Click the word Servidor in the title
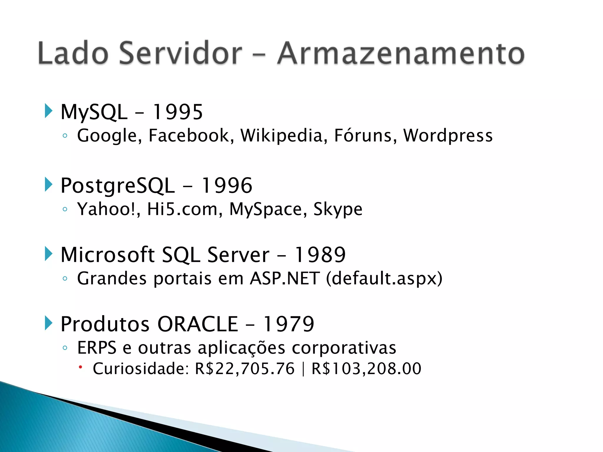(180, 54)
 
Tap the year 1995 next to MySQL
(178, 112)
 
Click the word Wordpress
(448, 136)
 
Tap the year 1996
(227, 186)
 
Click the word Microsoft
(107, 255)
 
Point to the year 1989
(320, 255)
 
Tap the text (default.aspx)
(384, 279)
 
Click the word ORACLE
(198, 324)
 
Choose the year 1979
(289, 324)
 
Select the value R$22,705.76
(245, 369)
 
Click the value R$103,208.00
(366, 369)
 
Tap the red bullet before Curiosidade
(80, 367)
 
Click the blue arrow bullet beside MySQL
(49, 111)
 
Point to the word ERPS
(97, 348)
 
